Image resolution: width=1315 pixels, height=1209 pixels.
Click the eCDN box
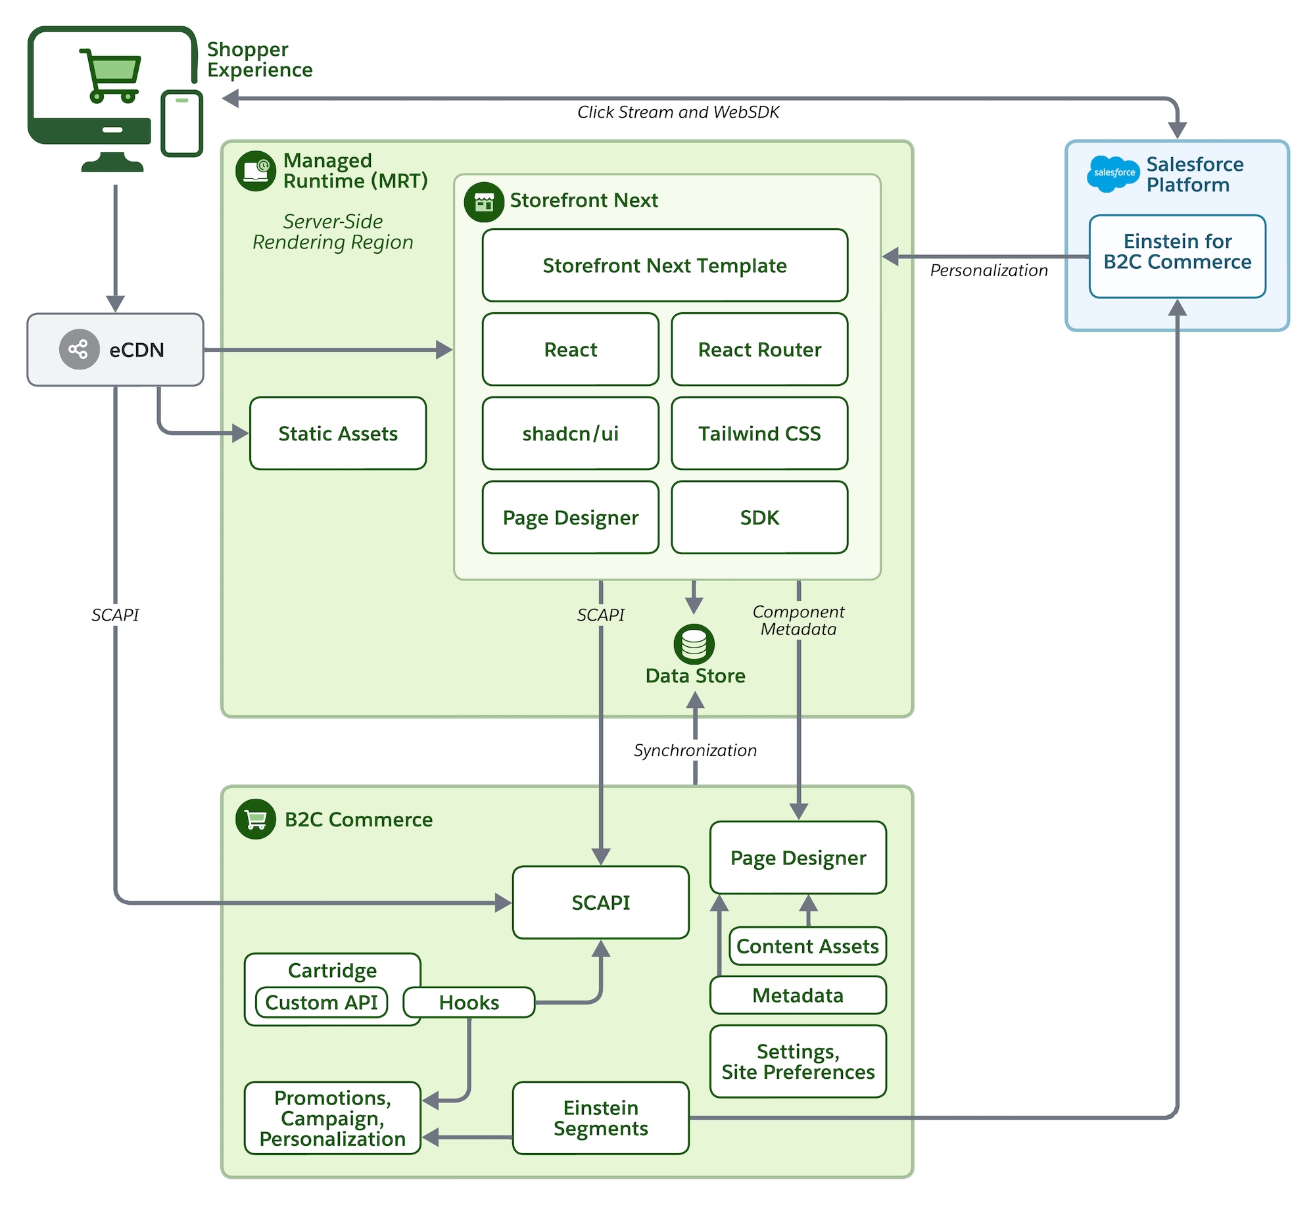(115, 350)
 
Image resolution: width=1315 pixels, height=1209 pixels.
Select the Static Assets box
(338, 433)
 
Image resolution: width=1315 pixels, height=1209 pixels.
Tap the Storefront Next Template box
(665, 266)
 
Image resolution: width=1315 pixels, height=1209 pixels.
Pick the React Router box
(759, 350)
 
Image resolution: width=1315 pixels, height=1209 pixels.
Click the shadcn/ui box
(570, 433)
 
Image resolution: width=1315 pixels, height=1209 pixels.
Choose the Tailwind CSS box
(759, 433)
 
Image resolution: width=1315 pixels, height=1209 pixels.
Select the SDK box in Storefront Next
(759, 517)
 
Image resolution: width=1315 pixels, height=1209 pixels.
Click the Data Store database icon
(694, 644)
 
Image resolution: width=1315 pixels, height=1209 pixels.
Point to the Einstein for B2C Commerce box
(1177, 256)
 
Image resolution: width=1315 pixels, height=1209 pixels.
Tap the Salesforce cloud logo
(1113, 174)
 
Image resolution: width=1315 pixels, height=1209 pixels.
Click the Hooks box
(469, 1002)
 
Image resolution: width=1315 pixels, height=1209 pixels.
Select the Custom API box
(322, 1002)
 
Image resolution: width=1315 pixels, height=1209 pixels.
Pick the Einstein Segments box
(600, 1118)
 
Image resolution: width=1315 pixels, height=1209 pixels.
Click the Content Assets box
(807, 946)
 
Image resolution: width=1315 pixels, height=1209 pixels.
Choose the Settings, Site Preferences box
(798, 1061)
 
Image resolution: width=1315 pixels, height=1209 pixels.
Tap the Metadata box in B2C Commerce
(798, 995)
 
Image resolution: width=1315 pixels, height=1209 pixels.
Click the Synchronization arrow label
(695, 750)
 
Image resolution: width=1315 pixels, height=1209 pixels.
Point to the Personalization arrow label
(989, 270)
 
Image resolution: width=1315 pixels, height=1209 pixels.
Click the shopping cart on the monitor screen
(110, 75)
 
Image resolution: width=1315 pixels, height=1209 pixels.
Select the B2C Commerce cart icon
(256, 819)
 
